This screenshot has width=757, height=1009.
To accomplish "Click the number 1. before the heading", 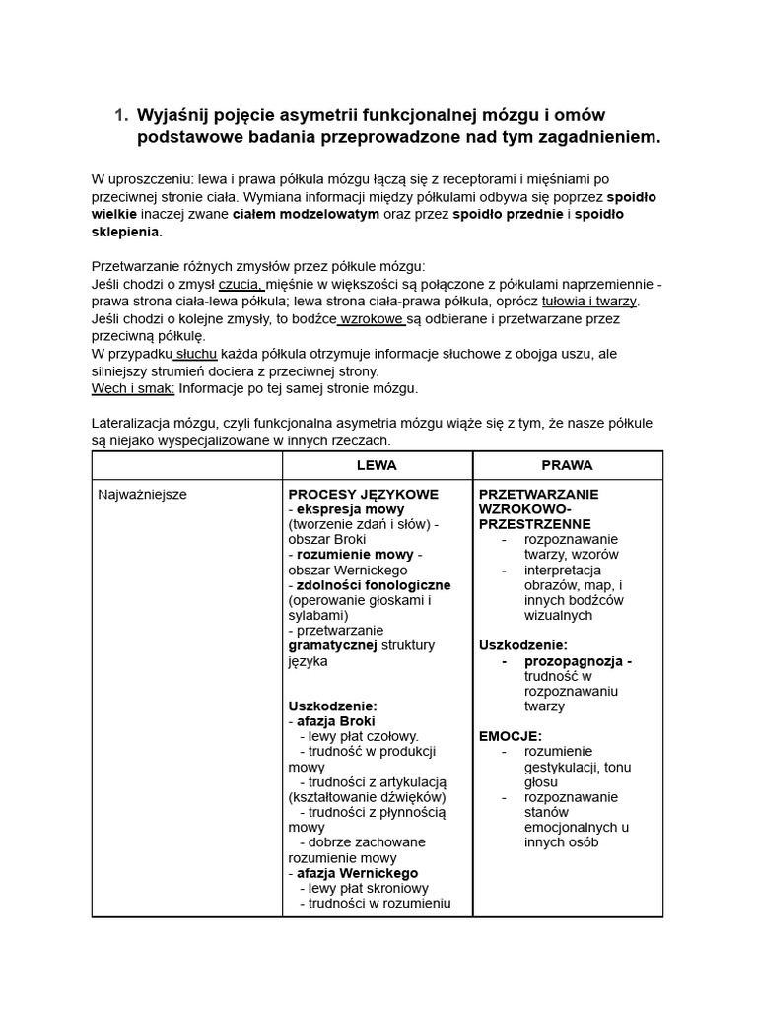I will coord(120,115).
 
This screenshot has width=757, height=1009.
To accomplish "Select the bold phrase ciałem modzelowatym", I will coord(306,214).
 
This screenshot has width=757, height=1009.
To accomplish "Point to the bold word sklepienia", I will coord(126,233).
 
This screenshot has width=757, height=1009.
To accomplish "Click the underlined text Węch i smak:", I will coord(133,388).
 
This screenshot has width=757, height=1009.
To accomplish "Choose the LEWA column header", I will coord(377,464).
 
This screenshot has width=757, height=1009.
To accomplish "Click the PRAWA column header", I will coord(567,464).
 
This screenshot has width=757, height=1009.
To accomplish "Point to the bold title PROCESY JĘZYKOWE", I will coord(363,494).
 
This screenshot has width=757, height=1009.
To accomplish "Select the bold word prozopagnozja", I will coord(579,661).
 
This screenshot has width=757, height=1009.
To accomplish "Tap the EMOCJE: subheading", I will coord(510,736).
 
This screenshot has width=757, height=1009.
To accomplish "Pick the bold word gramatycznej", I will coord(332,645).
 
